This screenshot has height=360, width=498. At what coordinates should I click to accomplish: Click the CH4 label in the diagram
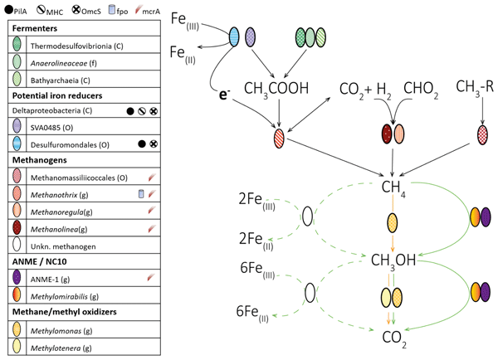point(391,188)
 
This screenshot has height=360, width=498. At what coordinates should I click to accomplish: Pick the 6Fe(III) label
point(255,270)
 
